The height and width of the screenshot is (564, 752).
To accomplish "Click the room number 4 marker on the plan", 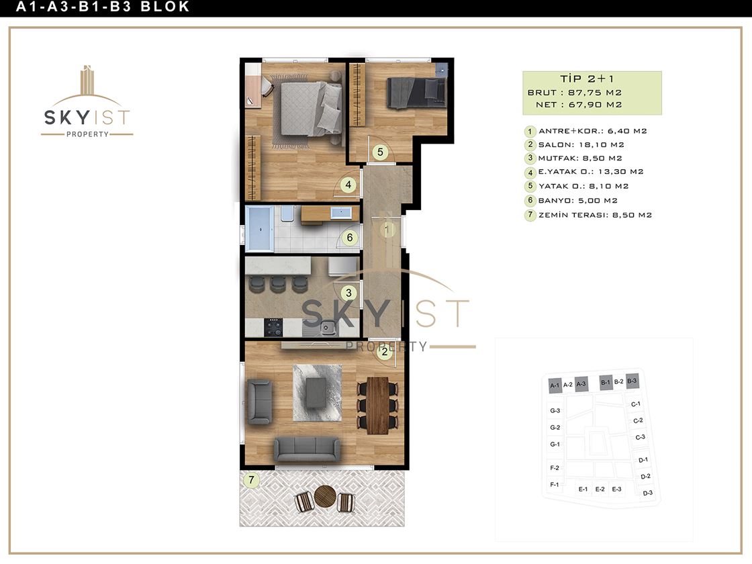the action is pos(348,185).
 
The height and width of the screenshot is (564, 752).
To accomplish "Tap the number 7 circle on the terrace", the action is pos(251,479).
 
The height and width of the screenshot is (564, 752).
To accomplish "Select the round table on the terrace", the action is pos(325,496).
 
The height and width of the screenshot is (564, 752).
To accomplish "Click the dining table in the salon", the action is pos(377,406).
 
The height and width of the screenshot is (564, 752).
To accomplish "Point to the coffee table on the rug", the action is pos(317,392).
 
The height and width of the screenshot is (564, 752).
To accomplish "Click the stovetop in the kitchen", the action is pos(274,327).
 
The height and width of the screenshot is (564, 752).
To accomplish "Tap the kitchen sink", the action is pos(328,328).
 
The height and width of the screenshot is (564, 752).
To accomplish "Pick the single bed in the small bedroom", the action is pos(416,93).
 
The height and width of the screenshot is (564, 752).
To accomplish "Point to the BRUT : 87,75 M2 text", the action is pos(575,93).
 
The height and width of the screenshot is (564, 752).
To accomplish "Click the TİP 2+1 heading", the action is pos(587,79).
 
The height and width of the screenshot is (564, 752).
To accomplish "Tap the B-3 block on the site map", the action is pos(632,382).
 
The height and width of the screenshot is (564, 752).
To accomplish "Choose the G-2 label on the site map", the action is pos(555,427).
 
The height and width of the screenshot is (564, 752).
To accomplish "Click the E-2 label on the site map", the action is pos(600,489).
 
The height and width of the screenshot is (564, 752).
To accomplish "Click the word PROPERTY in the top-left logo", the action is pos(87,134).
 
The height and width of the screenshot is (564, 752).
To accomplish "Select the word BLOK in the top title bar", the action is pos(165,7).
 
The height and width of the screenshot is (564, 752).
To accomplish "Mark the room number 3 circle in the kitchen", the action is pos(348,293).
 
